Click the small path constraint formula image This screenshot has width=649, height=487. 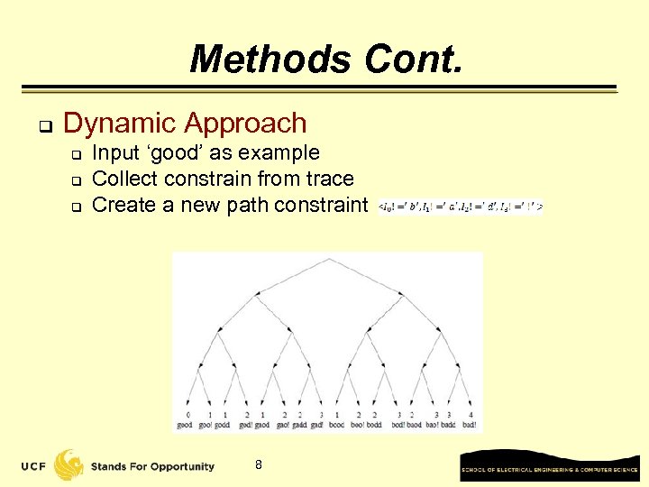tap(461, 206)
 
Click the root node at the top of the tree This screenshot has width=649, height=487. tap(327, 259)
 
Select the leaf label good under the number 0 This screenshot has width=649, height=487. tap(185, 425)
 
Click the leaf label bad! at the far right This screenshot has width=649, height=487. tap(470, 425)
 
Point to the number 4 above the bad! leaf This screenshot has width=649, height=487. tap(470, 414)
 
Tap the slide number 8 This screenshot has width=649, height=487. tap(259, 464)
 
